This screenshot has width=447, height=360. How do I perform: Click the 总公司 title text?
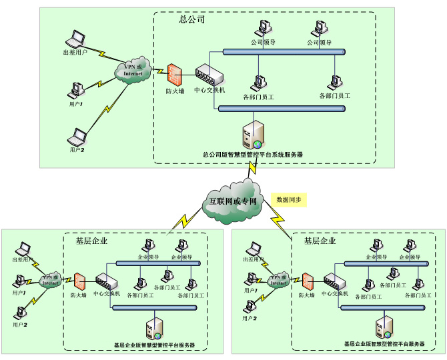[191, 19]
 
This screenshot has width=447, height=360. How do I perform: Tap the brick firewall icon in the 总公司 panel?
[175, 73]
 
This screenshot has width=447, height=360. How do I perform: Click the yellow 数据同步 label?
[289, 199]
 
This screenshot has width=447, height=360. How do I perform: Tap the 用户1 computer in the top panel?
[78, 89]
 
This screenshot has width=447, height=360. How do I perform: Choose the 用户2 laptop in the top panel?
[78, 138]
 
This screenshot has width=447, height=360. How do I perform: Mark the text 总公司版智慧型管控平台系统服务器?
[253, 155]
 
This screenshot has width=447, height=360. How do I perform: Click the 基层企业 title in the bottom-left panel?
[91, 241]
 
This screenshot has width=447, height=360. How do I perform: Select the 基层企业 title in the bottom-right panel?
[320, 241]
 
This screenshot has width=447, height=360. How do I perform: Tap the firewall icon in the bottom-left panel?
[79, 280]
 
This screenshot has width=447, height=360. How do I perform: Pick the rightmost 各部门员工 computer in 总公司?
[334, 83]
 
